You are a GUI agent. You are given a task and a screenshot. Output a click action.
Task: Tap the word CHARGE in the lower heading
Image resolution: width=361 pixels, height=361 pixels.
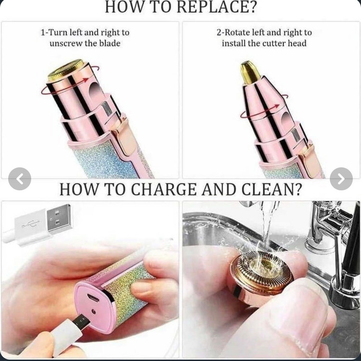tap(164, 189)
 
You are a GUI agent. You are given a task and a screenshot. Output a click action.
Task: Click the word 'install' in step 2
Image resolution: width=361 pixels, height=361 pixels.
tap(233, 43)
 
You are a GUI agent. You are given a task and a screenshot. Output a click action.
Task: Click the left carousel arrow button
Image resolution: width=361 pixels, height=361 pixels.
tap(20, 179)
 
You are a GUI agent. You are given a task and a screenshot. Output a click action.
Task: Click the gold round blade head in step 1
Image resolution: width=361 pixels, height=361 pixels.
tap(65, 70)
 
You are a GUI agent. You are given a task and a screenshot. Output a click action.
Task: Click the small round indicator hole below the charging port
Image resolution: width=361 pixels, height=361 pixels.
tap(93, 312)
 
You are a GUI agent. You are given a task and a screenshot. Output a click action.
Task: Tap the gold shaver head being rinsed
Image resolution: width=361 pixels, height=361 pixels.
tap(261, 274)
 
